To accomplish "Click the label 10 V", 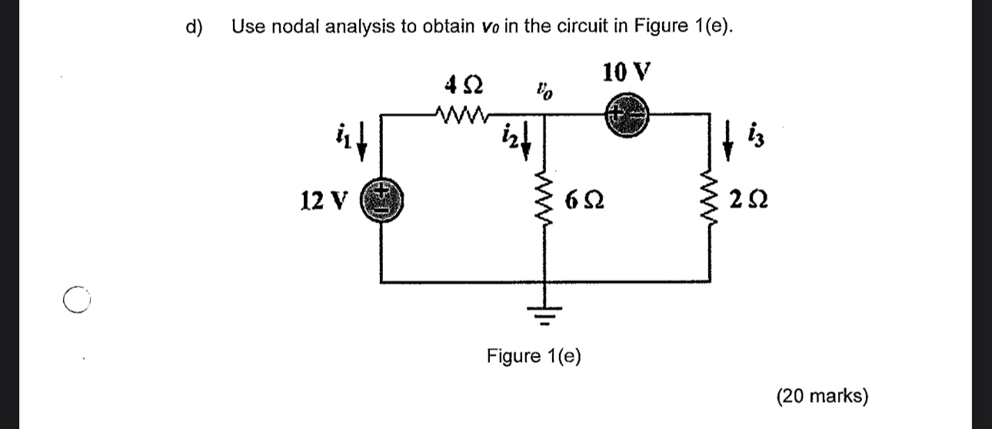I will [x=627, y=73].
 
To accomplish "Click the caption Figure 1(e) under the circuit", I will [x=534, y=357].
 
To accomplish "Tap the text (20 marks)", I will [x=822, y=397].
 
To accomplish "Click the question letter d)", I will [x=195, y=27].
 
